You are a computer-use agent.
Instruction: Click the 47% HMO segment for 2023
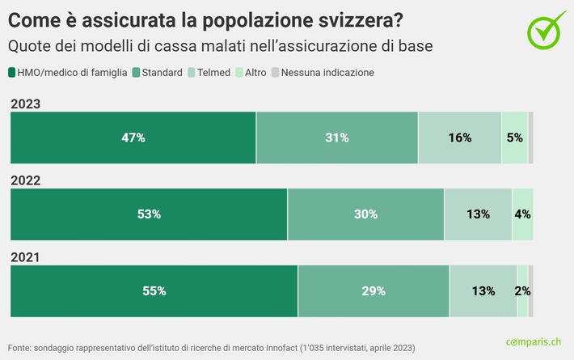[133, 138]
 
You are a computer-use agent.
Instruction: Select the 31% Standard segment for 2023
[337, 138]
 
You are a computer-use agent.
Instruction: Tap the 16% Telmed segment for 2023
[459, 138]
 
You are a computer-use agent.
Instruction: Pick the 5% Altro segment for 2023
[514, 138]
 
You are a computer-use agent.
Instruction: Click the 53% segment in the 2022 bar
[149, 214]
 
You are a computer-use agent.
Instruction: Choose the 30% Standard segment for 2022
[365, 214]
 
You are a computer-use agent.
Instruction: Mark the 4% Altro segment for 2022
[522, 214]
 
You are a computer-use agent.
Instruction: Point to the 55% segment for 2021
[154, 290]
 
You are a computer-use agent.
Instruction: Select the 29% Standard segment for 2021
[374, 290]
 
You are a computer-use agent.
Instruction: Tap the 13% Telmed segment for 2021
[483, 290]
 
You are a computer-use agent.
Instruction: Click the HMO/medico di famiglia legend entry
[68, 73]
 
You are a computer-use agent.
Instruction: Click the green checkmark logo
[547, 28]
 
